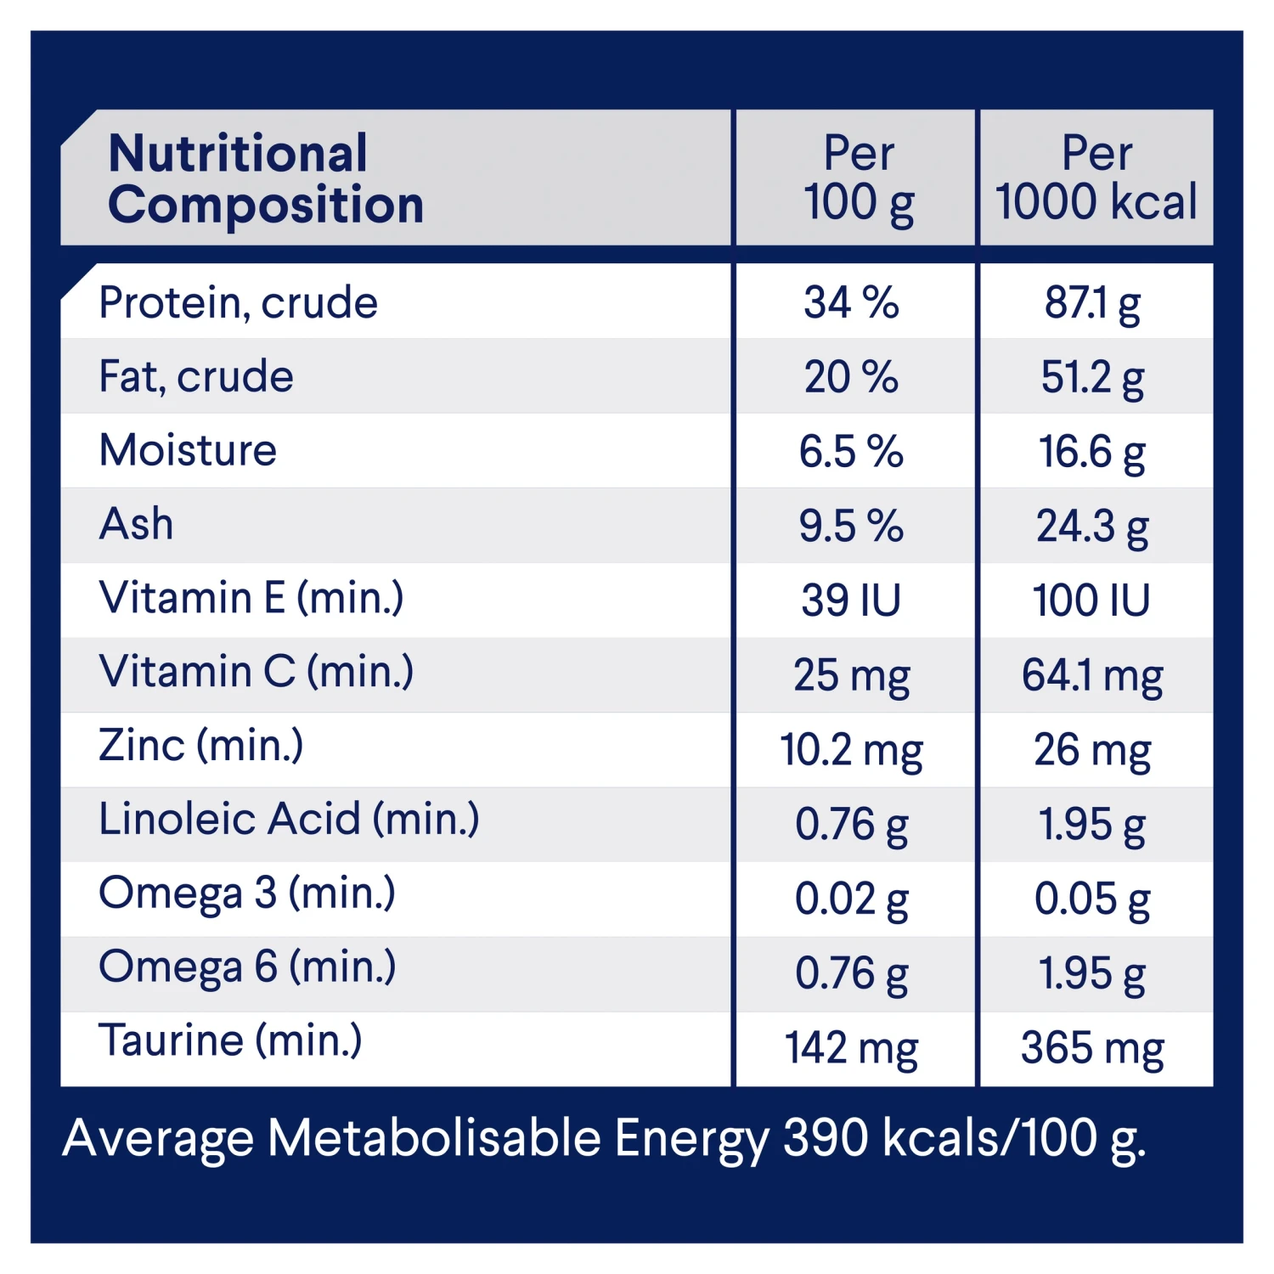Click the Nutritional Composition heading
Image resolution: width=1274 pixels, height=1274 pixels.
pyautogui.click(x=265, y=178)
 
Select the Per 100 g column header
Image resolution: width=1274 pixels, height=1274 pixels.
pyautogui.click(x=859, y=178)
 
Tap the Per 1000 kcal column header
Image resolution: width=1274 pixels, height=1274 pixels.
pyautogui.click(x=1096, y=178)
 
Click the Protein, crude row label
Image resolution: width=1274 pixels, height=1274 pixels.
pyautogui.click(x=238, y=303)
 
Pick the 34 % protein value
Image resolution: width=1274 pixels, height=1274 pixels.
pyautogui.click(x=851, y=303)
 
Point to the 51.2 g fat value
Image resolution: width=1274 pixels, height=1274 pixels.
pyautogui.click(x=1092, y=378)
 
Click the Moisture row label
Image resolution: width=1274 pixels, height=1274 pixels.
pyautogui.click(x=188, y=450)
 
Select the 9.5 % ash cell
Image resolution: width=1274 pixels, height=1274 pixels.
pyautogui.click(x=851, y=526)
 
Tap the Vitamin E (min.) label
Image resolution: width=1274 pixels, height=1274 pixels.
pyautogui.click(x=251, y=598)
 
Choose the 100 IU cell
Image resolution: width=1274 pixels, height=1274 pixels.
pyautogui.click(x=1091, y=600)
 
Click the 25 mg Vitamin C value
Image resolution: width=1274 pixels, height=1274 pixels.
pyautogui.click(x=852, y=676)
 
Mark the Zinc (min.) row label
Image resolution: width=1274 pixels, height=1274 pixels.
pyautogui.click(x=200, y=746)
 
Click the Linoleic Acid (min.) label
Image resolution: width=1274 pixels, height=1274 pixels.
pyautogui.click(x=289, y=820)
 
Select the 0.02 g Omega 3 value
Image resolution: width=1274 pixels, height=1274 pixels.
pyautogui.click(x=852, y=899)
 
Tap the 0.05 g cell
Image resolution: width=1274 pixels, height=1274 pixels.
pyautogui.click(x=1092, y=899)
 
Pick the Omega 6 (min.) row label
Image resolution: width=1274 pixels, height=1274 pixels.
pyautogui.click(x=247, y=967)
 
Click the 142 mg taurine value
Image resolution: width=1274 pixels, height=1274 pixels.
pyautogui.click(x=852, y=1048)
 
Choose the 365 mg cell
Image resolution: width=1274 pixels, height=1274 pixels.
pyautogui.click(x=1092, y=1048)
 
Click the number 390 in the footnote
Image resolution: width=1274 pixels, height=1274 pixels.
pyautogui.click(x=826, y=1138)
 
